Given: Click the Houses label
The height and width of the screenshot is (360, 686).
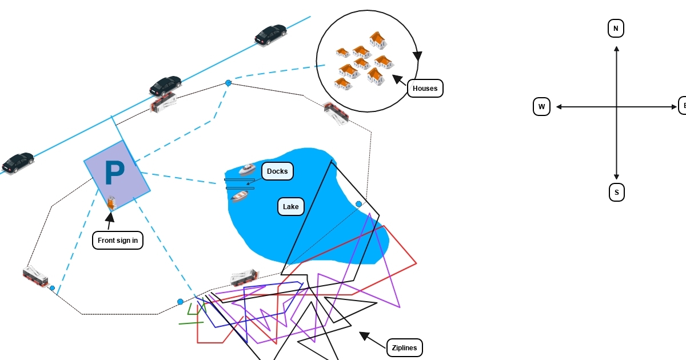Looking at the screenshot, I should (x=425, y=89).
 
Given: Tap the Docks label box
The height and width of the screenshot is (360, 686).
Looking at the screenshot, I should (x=277, y=171).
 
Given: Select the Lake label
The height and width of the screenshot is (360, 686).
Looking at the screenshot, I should (x=290, y=207).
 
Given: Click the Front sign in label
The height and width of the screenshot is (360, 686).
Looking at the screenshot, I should (x=118, y=241).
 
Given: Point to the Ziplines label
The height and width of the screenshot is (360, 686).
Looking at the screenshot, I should (x=405, y=348).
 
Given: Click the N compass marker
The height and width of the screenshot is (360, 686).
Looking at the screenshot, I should (x=616, y=29).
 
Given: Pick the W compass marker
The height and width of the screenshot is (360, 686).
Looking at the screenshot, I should (x=542, y=107).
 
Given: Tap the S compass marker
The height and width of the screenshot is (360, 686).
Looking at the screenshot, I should (x=617, y=193).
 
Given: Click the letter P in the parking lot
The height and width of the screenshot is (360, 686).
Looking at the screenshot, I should (x=114, y=173).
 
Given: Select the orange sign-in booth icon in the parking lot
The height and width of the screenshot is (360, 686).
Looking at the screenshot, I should (x=111, y=202).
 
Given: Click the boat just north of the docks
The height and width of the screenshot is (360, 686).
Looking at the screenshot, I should (x=247, y=169).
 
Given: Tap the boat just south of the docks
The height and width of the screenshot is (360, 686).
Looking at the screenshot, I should (x=240, y=196).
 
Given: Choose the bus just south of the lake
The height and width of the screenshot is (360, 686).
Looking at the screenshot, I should (x=245, y=278).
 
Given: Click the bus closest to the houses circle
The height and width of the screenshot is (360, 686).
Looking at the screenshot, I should (x=336, y=113).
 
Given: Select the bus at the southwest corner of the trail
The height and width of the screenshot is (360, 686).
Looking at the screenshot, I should (x=35, y=275).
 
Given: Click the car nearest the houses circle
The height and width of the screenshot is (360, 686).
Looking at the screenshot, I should (x=271, y=34).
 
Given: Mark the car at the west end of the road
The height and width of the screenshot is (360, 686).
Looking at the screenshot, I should (x=18, y=162).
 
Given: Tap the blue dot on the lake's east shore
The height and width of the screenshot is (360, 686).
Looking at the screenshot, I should (x=359, y=204).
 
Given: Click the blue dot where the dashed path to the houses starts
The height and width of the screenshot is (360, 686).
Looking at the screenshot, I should (x=228, y=83).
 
